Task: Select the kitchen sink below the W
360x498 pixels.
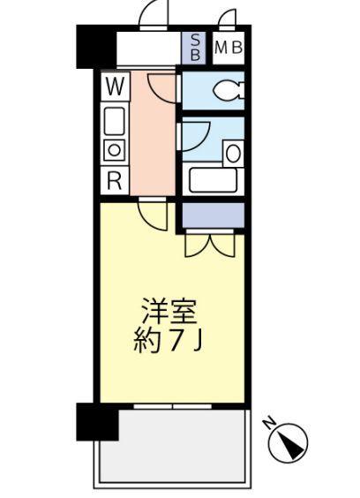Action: [x=115, y=118]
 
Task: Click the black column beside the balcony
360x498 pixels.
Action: [x=97, y=421]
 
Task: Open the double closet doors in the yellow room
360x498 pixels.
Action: [x=211, y=244]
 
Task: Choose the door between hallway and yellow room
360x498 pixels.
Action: [x=152, y=215]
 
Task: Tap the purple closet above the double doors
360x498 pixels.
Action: [x=213, y=214]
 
